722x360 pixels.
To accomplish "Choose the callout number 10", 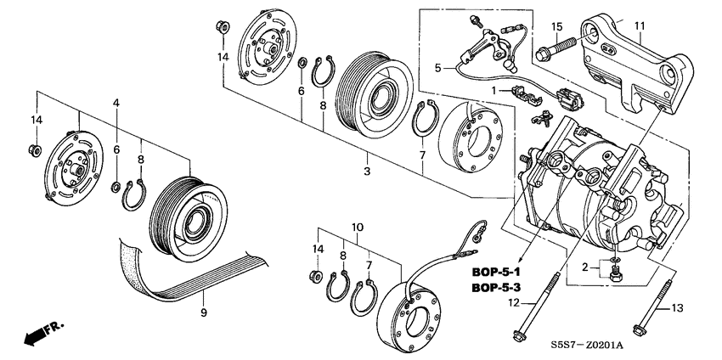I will click(x=358, y=227).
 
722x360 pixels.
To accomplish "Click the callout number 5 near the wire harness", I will click(x=438, y=67).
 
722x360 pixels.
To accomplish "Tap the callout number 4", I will click(x=116, y=103).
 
